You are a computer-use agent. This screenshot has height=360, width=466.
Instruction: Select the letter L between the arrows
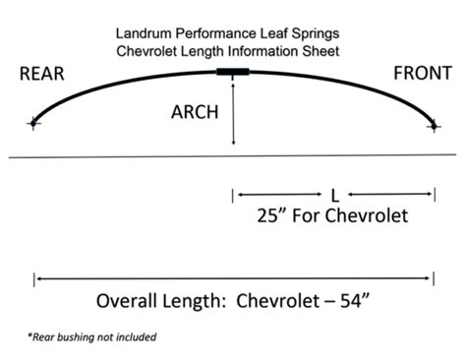335,194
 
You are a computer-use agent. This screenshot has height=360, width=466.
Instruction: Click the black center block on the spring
233,72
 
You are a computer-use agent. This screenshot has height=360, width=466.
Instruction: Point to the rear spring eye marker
34,123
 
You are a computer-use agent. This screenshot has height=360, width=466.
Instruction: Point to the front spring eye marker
434,124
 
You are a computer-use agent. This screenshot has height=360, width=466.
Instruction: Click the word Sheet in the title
324,50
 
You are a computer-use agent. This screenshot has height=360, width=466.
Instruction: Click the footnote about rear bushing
91,336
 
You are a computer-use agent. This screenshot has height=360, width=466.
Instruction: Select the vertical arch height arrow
233,113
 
